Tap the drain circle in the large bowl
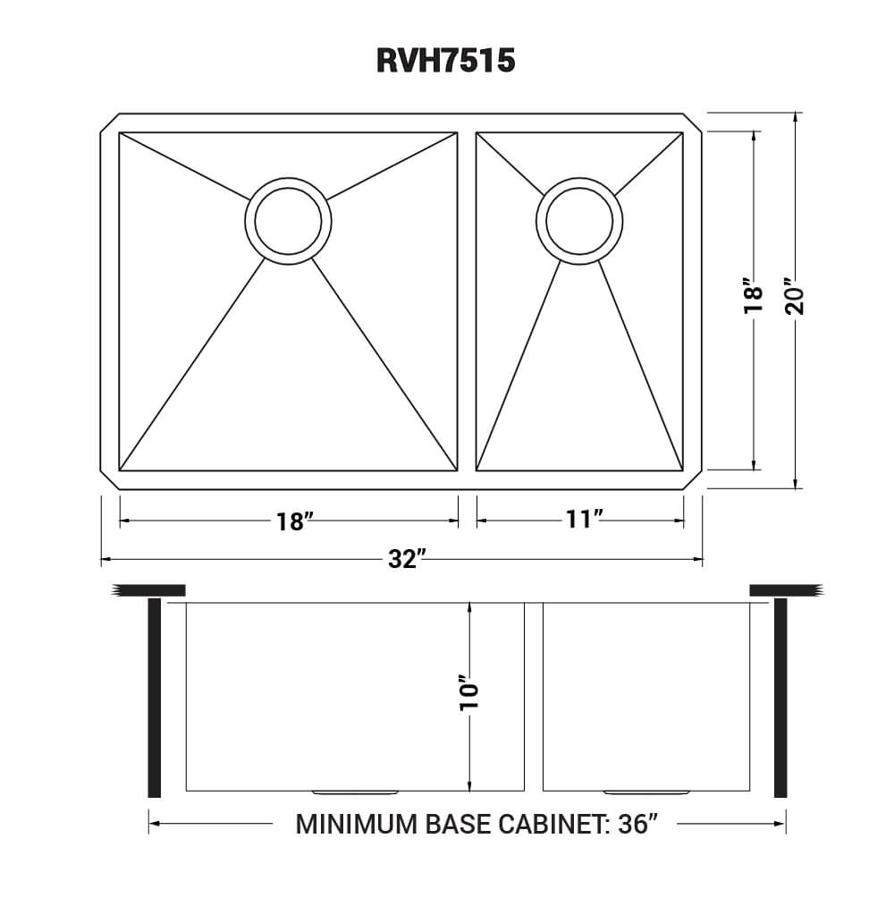coord(288,218)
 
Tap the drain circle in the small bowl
coord(579,219)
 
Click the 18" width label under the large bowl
coord(291,521)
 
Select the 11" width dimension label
coord(580,520)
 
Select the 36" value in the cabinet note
coord(637,823)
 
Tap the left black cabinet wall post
coord(154,698)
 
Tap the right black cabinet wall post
coord(780,698)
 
